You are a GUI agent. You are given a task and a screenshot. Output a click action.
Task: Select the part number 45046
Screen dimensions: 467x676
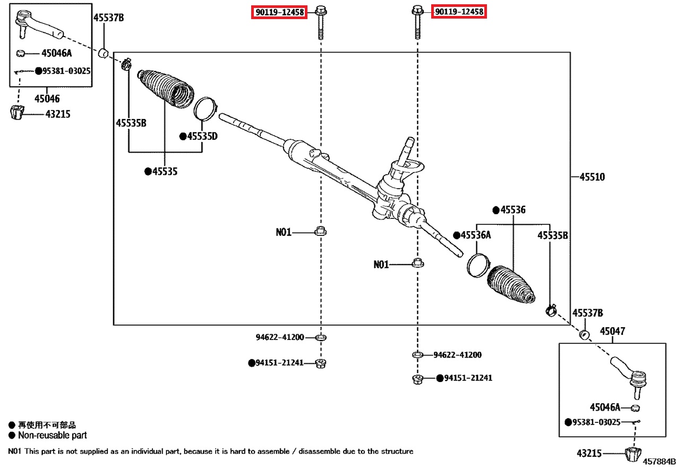(x=47, y=98)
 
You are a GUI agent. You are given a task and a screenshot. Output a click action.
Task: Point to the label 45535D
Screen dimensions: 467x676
(x=202, y=137)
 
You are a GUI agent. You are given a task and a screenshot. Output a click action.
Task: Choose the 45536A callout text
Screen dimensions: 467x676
(x=475, y=235)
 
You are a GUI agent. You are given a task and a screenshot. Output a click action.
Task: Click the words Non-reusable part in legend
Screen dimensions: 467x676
(x=52, y=436)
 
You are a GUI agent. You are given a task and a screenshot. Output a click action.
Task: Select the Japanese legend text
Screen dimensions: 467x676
(x=47, y=425)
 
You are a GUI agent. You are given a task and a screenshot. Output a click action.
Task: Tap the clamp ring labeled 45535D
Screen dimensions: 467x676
(x=204, y=108)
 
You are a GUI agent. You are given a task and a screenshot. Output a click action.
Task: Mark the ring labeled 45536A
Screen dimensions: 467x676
(x=477, y=264)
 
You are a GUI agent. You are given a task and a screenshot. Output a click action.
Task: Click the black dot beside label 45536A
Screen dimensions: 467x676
(x=456, y=235)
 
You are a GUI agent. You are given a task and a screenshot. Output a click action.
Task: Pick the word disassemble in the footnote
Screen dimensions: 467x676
(x=323, y=452)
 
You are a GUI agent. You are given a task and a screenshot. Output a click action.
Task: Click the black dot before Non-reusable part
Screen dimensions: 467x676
(x=12, y=436)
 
